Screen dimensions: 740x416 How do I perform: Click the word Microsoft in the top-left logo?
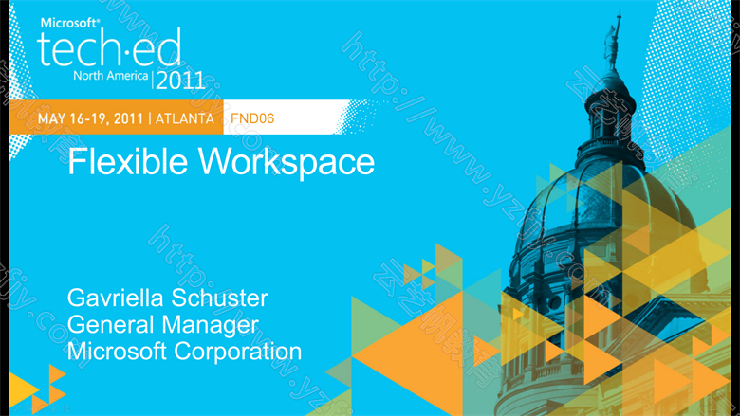tap(70, 23)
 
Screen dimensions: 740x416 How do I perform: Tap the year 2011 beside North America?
tap(180, 81)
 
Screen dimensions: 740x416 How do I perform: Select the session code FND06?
tap(252, 118)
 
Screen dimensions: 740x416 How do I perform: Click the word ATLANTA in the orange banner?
tap(185, 118)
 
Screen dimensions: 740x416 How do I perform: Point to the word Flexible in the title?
tap(127, 162)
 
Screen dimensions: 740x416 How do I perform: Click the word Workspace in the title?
tap(287, 163)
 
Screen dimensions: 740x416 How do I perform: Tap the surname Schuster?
tap(219, 298)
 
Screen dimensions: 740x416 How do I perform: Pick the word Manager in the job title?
tap(210, 326)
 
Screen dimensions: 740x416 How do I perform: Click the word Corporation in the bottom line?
tap(238, 352)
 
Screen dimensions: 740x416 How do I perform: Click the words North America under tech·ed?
tap(111, 76)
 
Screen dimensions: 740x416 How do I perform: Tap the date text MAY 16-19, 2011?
tap(90, 118)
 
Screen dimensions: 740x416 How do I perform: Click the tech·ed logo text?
tap(108, 47)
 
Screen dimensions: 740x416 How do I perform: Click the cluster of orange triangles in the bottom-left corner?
tap(38, 389)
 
